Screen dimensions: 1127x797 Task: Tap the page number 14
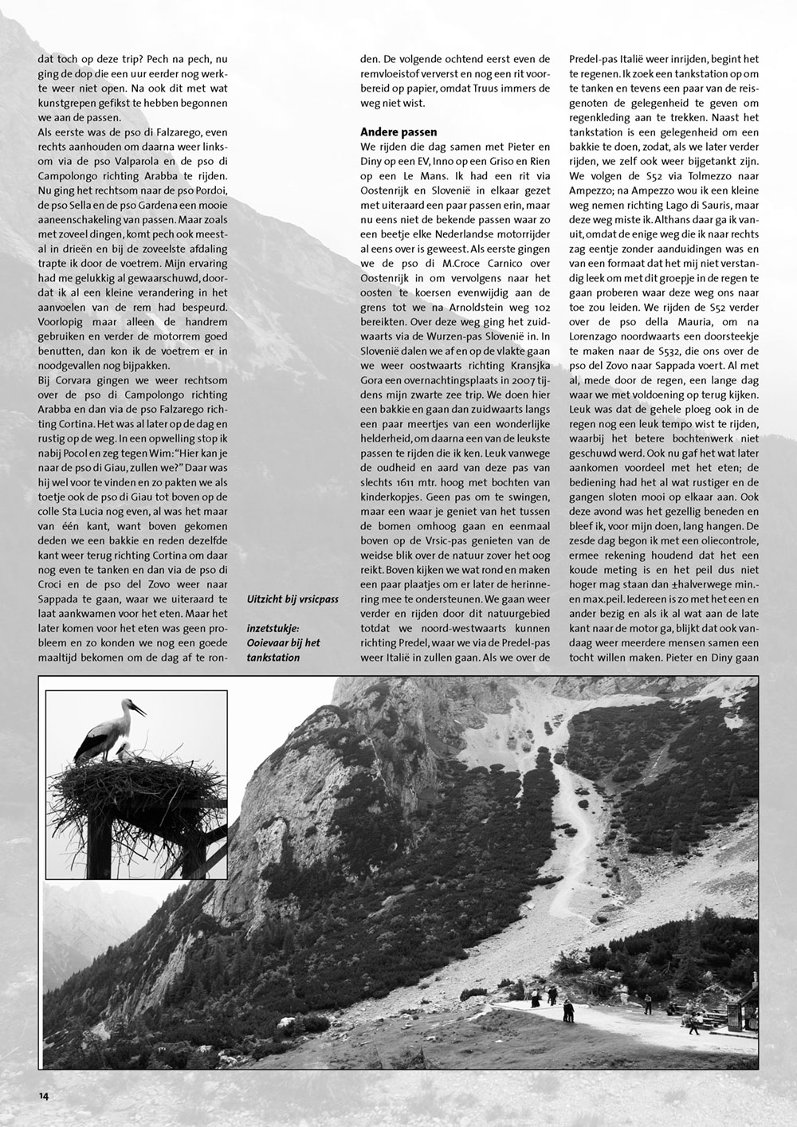(x=43, y=1095)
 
